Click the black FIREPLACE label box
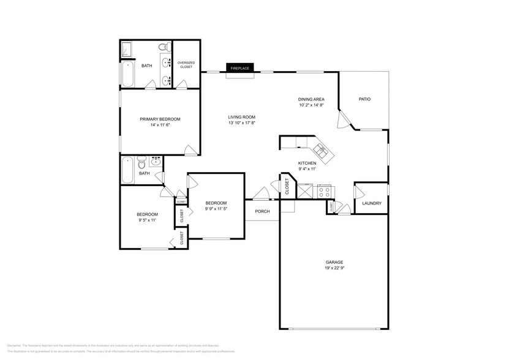tap(239, 69)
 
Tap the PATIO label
tap(364, 99)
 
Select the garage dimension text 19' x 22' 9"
tap(334, 268)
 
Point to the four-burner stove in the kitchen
tap(325, 192)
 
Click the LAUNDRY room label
tap(372, 203)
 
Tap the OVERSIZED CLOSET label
tap(186, 64)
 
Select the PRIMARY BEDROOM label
tap(160, 119)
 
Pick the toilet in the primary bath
tap(164, 47)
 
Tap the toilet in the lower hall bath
tap(141, 163)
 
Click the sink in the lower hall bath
tap(156, 162)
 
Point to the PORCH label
tap(262, 212)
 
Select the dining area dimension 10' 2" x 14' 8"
tap(311, 105)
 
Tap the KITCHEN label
tap(307, 163)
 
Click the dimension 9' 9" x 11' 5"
tap(216, 209)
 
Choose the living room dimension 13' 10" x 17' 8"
tap(241, 123)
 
